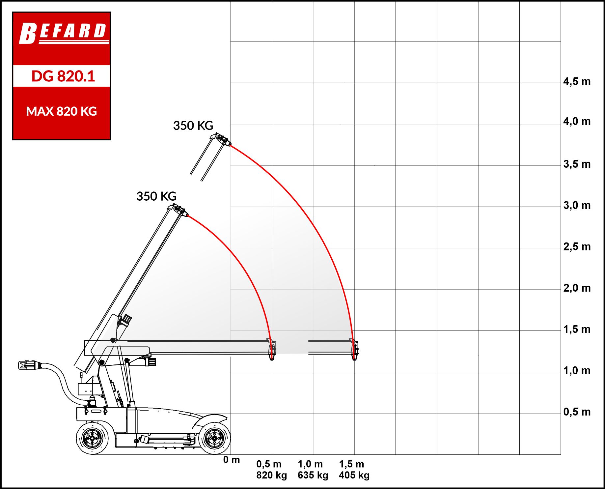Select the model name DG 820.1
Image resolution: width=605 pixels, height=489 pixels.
pyautogui.click(x=63, y=76)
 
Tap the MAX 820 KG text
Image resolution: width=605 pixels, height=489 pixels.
pyautogui.click(x=62, y=111)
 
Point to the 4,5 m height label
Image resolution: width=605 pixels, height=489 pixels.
pyautogui.click(x=577, y=82)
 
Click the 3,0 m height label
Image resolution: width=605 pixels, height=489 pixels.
pyautogui.click(x=577, y=206)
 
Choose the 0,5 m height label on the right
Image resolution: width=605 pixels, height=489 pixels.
pyautogui.click(x=577, y=412)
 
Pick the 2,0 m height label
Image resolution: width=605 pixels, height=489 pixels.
pyautogui.click(x=577, y=288)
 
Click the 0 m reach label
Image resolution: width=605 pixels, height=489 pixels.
pyautogui.click(x=232, y=460)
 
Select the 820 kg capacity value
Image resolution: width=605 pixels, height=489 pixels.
pyautogui.click(x=272, y=475)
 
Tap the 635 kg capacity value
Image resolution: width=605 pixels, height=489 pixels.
pyautogui.click(x=313, y=475)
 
